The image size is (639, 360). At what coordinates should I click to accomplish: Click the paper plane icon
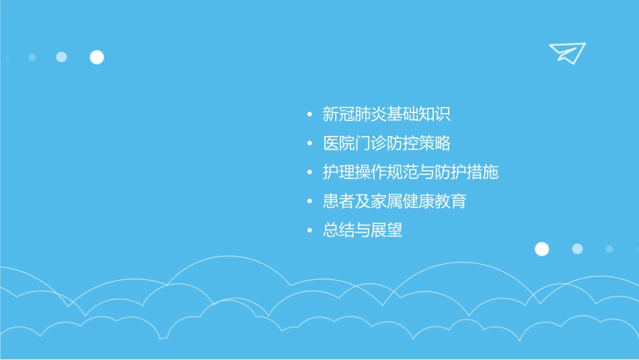(566, 52)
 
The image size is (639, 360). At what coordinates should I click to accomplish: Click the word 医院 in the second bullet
(338, 143)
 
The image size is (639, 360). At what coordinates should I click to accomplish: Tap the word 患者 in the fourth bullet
(338, 201)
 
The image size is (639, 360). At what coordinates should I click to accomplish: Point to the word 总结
(338, 230)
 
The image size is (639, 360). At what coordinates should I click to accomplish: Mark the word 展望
(387, 230)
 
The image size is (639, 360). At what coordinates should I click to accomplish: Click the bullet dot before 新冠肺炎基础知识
(309, 115)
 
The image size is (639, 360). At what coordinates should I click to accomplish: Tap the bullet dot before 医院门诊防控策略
(309, 144)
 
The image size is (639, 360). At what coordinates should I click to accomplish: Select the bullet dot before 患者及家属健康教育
(309, 202)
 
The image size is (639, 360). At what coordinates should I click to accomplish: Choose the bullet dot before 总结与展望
(309, 231)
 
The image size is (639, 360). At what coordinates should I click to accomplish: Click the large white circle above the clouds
(541, 249)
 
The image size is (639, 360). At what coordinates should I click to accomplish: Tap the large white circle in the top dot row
(97, 57)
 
